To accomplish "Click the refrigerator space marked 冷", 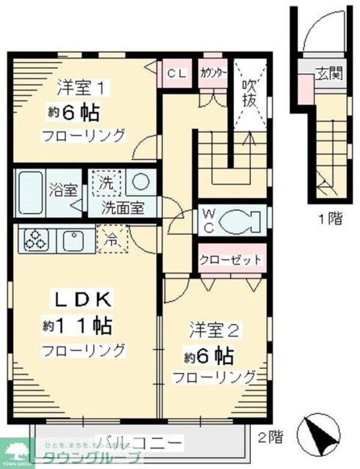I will [x=112, y=239].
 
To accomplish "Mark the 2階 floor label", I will [x=271, y=436].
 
